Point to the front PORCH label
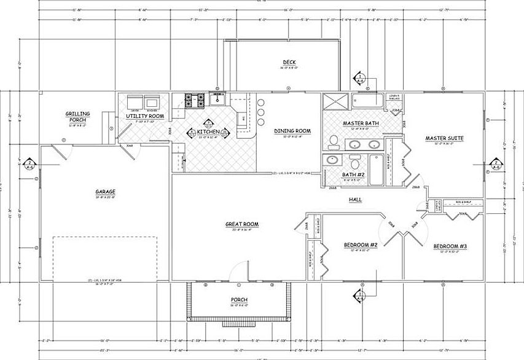click(x=238, y=300)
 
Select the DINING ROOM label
click(x=292, y=131)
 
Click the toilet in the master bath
click(x=332, y=141)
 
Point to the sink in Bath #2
click(x=332, y=160)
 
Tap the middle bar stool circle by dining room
click(x=261, y=112)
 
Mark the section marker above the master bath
click(x=359, y=78)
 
